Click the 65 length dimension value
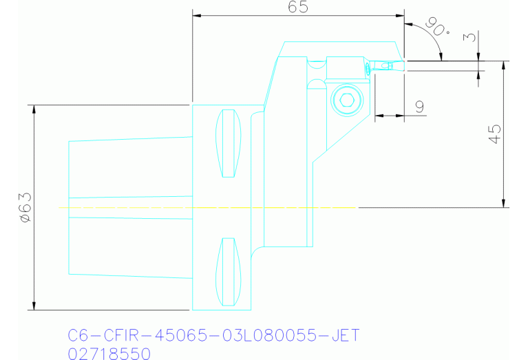tap(298, 7)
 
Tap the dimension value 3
tap(471, 37)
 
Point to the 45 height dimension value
tap(494, 134)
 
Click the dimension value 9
tap(419, 106)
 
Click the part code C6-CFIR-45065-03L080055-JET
tap(213, 336)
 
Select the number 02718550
tap(110, 353)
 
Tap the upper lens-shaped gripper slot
tap(229, 143)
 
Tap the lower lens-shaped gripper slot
tap(229, 272)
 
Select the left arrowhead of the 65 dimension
tap(196, 15)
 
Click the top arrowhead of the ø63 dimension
tap(33, 109)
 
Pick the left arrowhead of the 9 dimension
tap(378, 116)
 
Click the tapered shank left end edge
tap(69, 207)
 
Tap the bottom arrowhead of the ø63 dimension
tap(33, 306)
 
